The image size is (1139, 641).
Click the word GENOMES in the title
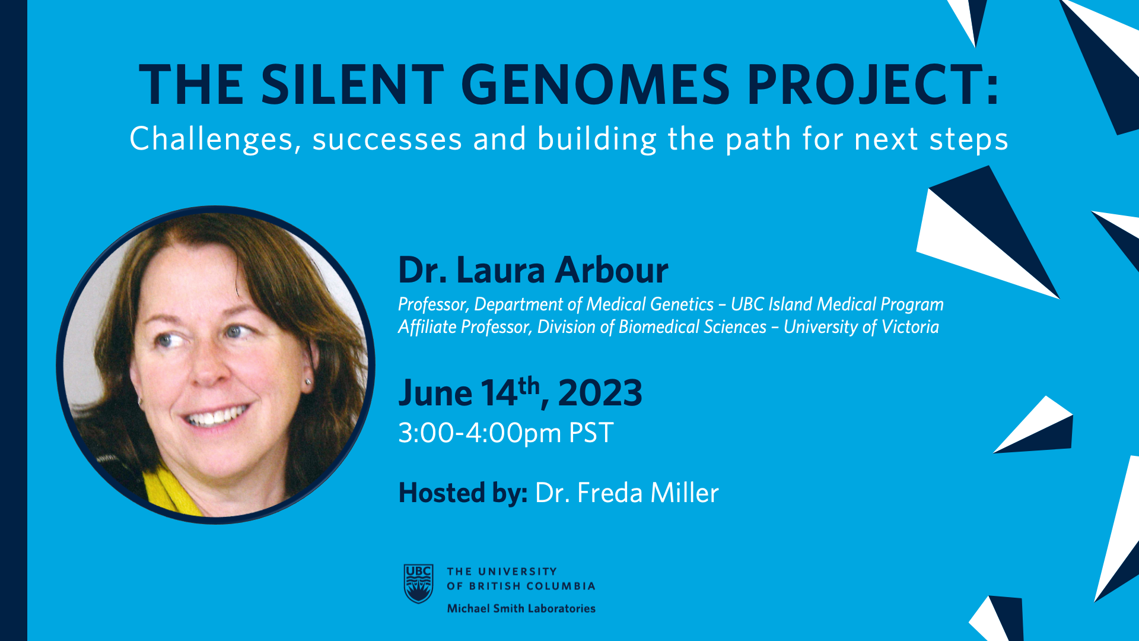pyautogui.click(x=595, y=84)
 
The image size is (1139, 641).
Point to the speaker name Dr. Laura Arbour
pyautogui.click(x=533, y=271)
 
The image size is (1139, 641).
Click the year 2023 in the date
pyautogui.click(x=600, y=393)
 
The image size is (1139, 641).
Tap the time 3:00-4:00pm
pyautogui.click(x=480, y=433)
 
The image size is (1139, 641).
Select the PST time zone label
pyautogui.click(x=591, y=433)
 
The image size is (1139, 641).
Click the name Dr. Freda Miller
pyautogui.click(x=627, y=493)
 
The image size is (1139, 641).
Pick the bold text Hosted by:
pyautogui.click(x=463, y=493)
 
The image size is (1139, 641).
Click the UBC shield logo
pyautogui.click(x=418, y=583)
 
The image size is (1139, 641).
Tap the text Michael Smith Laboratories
pyautogui.click(x=521, y=608)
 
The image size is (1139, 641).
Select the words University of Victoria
pyautogui.click(x=861, y=327)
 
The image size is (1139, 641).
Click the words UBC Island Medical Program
pyautogui.click(x=837, y=304)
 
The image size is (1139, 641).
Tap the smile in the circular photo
pyautogui.click(x=216, y=415)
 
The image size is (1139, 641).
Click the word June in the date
pyautogui.click(x=435, y=393)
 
